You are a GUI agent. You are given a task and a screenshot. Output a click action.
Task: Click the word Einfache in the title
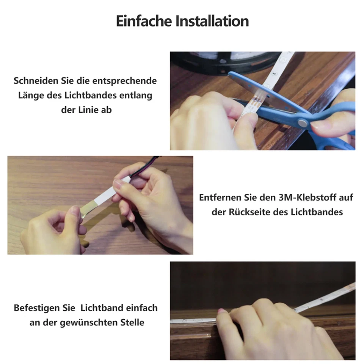[x=143, y=21]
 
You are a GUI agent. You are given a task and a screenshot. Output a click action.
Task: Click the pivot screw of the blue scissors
[x=302, y=122]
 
